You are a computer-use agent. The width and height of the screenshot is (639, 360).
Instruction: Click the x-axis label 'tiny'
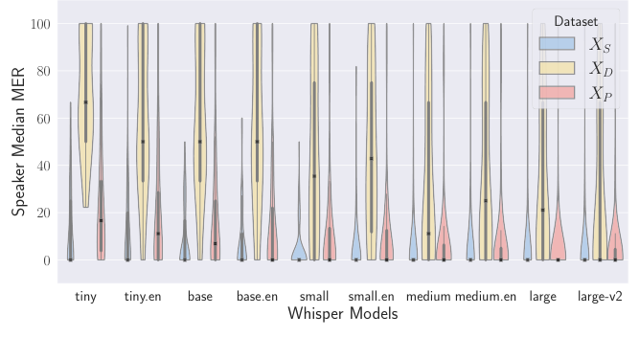pos(85,297)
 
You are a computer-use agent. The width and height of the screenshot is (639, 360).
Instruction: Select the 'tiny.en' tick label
pos(143,297)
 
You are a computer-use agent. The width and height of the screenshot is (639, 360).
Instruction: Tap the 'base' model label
pos(200,297)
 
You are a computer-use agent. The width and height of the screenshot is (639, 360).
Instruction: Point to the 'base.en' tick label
pos(257,297)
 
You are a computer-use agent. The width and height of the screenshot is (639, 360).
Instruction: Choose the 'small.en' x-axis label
pos(371,297)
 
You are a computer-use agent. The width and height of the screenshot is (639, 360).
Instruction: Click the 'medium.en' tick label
pos(486,297)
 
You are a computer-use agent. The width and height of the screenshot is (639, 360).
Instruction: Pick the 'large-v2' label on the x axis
pos(600,297)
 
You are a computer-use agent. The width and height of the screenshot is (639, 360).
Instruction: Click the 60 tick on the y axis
pos(43,119)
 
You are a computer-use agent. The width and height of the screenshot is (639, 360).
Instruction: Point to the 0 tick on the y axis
pos(46,260)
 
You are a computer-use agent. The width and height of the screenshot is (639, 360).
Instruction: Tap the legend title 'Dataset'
pos(576,21)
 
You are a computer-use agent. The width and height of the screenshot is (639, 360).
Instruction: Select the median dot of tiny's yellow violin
pos(86,102)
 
